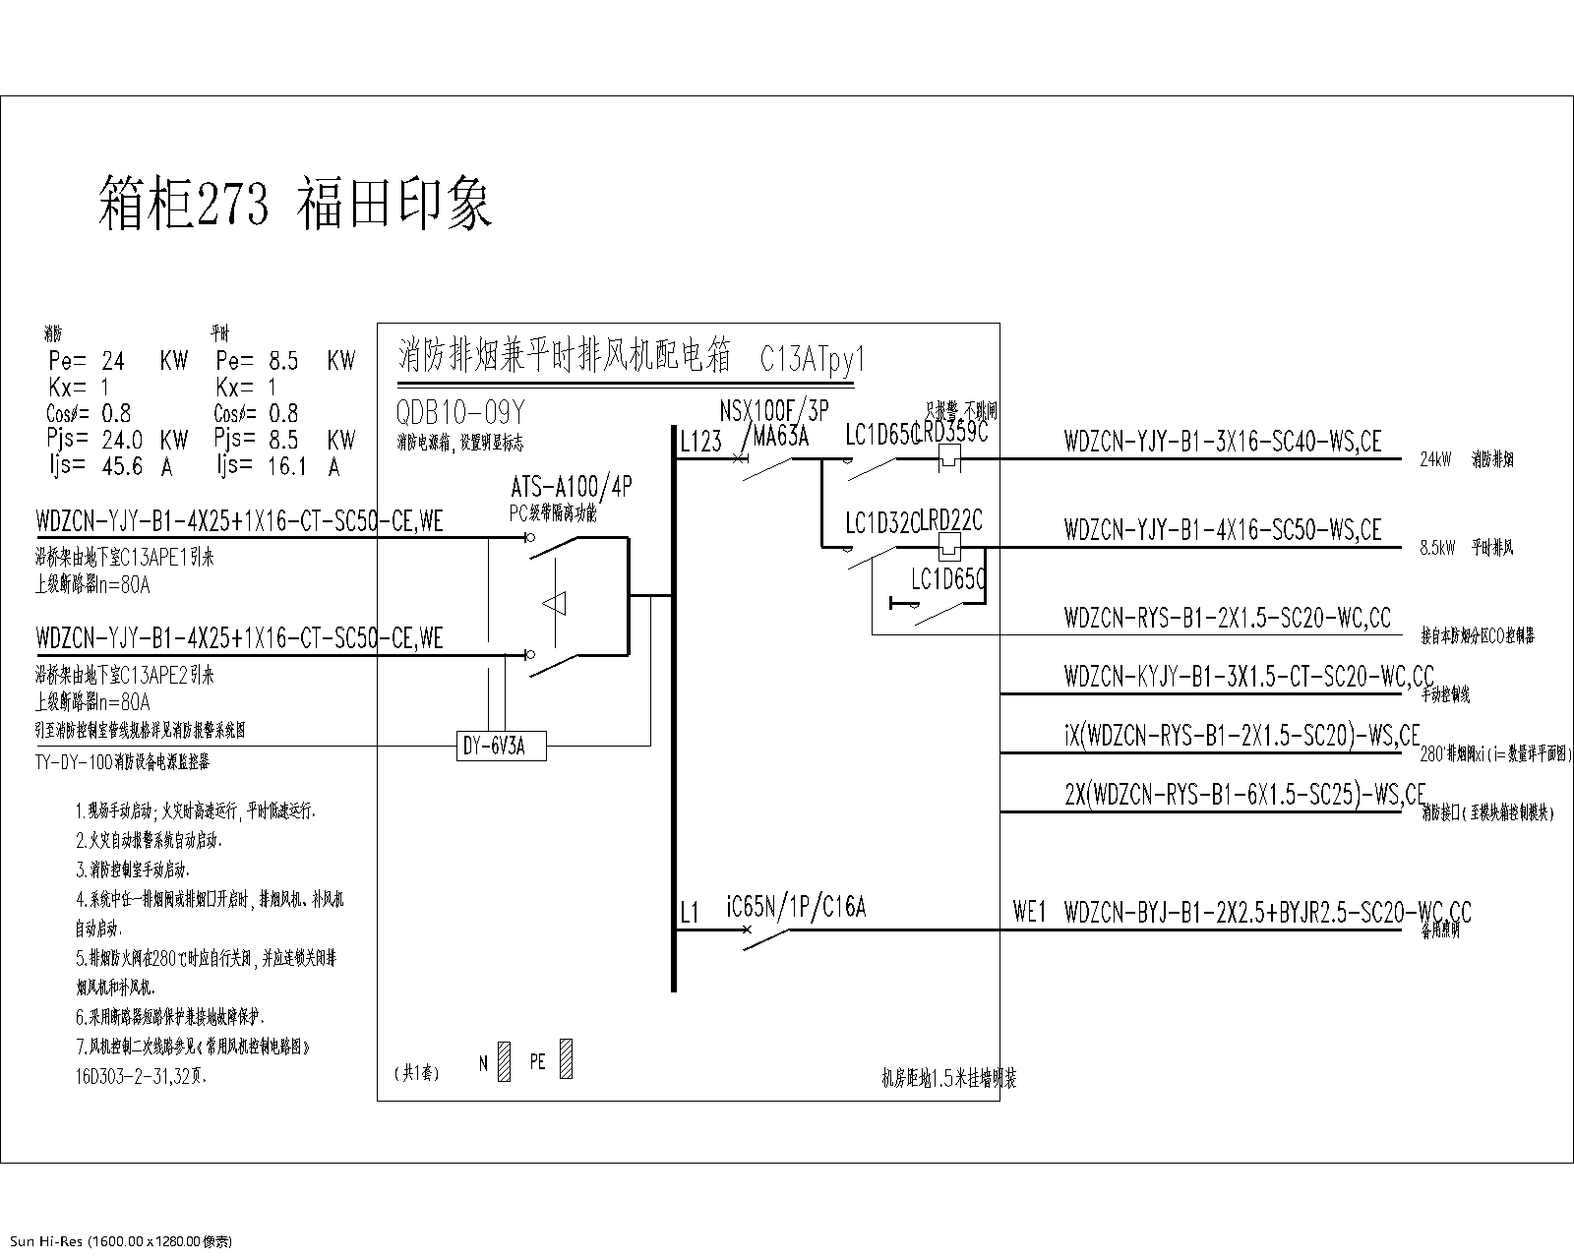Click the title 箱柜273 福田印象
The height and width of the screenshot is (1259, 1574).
click(x=295, y=204)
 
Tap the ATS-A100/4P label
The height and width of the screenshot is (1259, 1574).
click(x=572, y=486)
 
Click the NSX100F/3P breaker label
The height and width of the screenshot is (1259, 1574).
click(x=774, y=409)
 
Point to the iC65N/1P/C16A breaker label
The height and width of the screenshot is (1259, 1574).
click(x=796, y=907)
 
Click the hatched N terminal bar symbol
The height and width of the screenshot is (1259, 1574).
click(x=504, y=1061)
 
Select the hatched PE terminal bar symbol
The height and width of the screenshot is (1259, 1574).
click(x=566, y=1059)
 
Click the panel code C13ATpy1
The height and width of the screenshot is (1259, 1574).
click(x=812, y=359)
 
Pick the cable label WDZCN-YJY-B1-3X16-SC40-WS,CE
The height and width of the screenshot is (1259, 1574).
click(x=1223, y=441)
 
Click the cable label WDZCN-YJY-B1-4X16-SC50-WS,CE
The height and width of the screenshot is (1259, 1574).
click(x=1223, y=529)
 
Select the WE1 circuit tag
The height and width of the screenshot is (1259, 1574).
click(x=1029, y=913)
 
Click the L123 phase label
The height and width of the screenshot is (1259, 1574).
click(x=700, y=443)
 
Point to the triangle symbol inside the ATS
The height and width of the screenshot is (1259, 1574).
click(x=556, y=603)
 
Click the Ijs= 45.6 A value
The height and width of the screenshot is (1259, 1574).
click(x=109, y=466)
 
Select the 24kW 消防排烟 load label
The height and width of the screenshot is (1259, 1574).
click(x=1466, y=459)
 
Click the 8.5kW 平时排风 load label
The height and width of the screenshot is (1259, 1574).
click(x=1466, y=548)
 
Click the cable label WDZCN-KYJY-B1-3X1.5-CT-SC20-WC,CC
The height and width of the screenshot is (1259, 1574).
click(x=1248, y=676)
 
